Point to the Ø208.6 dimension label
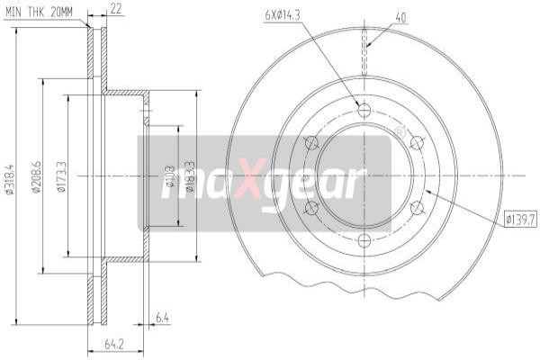pos(36,176)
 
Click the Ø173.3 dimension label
pos(60,176)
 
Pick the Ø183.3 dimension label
pos(190,176)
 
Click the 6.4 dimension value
pos(162,317)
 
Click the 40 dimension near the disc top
pos(400,15)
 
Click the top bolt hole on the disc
pos(364,111)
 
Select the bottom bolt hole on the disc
pos(364,240)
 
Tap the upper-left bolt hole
pos(311,143)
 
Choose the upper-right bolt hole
pos(417,143)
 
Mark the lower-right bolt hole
pos(417,208)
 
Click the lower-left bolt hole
pos(311,208)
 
